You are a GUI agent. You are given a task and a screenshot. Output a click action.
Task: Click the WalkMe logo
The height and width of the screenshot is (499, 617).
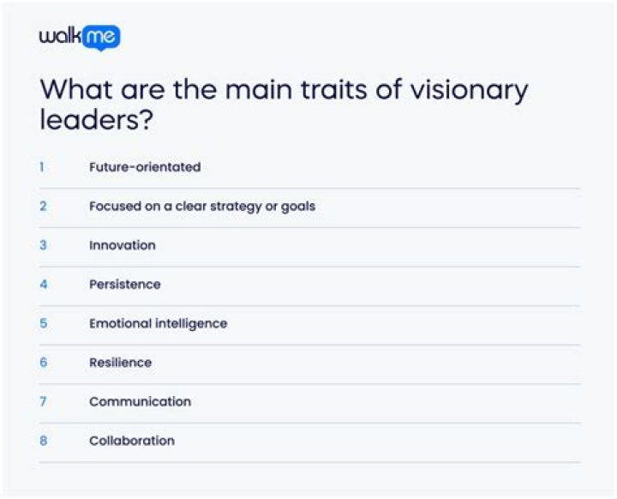[80, 37]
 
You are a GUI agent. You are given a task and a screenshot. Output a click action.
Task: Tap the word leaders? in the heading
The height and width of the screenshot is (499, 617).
[96, 120]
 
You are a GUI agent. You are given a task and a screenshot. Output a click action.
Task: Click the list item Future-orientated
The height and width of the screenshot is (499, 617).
[145, 167]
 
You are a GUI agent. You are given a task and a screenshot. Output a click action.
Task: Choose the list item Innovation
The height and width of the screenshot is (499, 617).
[123, 245]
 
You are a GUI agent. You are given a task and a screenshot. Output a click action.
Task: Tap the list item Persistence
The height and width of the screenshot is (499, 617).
[125, 285]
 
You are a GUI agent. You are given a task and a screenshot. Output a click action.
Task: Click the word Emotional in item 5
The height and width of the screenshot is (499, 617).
[120, 323]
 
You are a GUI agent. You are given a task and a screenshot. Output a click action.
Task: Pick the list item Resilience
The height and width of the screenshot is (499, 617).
[121, 363]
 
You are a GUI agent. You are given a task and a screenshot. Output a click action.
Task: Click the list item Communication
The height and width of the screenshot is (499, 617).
[141, 401]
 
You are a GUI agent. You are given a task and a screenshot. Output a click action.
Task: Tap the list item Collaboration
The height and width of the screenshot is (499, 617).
[132, 441]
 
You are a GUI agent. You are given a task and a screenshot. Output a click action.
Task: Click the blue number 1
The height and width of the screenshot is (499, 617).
[42, 167]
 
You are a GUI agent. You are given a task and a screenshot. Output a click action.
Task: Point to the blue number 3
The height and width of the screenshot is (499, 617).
[43, 245]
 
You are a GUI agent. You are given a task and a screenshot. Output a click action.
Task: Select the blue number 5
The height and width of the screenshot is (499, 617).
[43, 323]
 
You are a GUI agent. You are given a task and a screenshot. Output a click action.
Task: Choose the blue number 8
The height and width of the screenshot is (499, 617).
[43, 441]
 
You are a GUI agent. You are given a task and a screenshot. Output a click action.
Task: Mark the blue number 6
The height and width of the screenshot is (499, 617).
[43, 363]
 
